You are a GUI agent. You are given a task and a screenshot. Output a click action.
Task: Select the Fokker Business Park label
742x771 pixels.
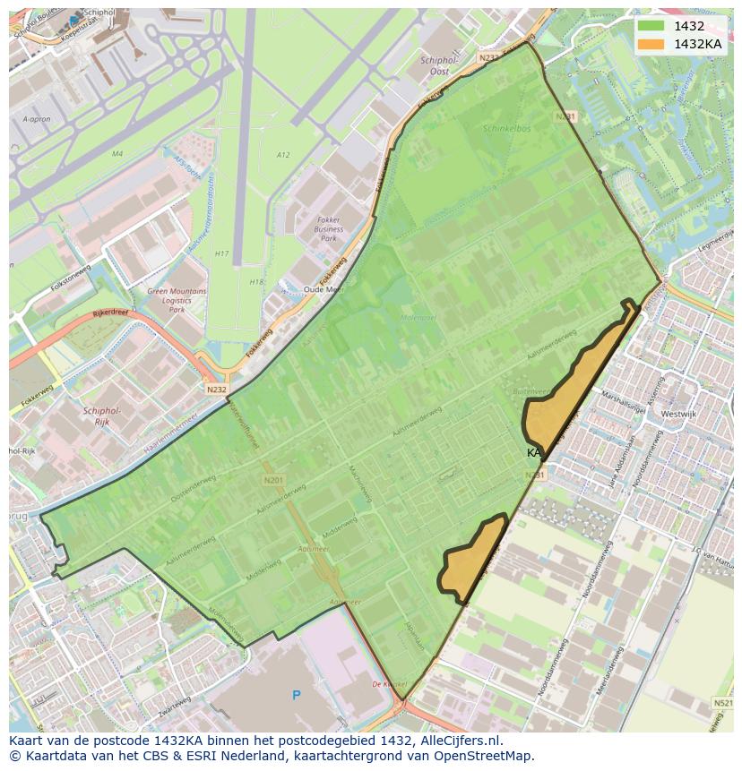pyautogui.click(x=329, y=228)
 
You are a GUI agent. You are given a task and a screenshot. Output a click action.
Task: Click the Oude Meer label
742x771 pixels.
pyautogui.click(x=324, y=289)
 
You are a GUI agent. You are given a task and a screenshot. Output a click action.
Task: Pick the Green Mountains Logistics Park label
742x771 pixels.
pyautogui.click(x=177, y=300)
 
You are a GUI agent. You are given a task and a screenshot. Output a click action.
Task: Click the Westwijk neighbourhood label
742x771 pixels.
pyautogui.click(x=678, y=415)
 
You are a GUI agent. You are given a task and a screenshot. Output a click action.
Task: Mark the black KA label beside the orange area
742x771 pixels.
pyautogui.click(x=534, y=453)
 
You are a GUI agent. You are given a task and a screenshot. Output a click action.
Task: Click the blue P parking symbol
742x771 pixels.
pyautogui.click(x=297, y=695)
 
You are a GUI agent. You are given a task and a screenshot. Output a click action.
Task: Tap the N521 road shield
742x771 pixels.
pyautogui.click(x=722, y=704)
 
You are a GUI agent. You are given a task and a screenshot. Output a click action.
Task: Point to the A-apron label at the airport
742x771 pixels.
pyautogui.click(x=36, y=119)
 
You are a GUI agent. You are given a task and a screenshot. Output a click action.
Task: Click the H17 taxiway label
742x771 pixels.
pyautogui.click(x=221, y=253)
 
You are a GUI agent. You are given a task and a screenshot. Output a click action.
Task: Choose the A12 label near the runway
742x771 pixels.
pyautogui.click(x=282, y=155)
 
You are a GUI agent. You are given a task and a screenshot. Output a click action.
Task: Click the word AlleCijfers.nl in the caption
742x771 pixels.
pyautogui.click(x=461, y=741)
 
